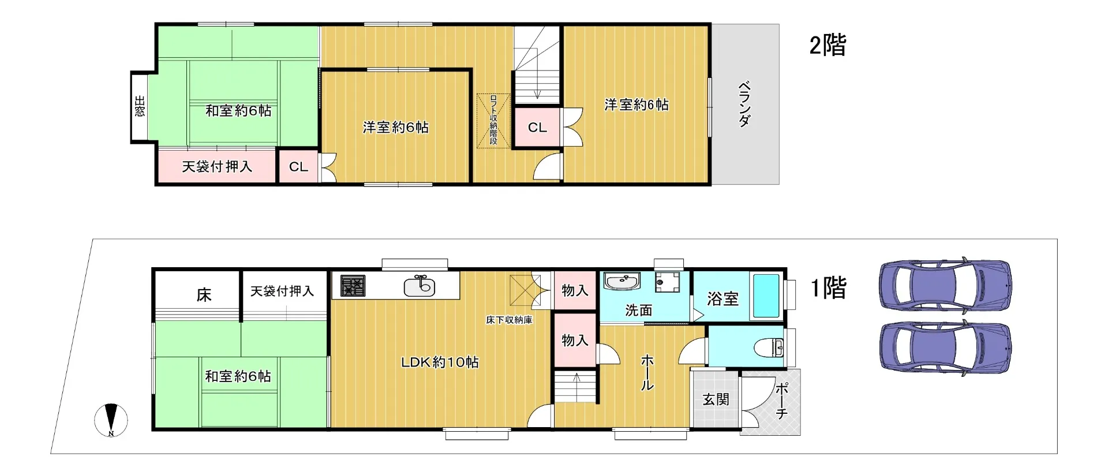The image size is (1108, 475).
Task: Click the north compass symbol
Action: point(111,420)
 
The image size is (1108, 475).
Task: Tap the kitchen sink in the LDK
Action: point(420,286)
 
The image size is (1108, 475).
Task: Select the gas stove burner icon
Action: point(353,286)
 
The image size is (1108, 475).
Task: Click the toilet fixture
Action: point(769,347)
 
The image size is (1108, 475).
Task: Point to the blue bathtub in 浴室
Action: point(766,295)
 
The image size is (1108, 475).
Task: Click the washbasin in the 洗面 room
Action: point(622,282)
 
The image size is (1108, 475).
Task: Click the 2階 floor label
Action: point(828,45)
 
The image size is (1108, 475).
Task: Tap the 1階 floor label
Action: point(829,287)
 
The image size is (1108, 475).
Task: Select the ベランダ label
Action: point(745,104)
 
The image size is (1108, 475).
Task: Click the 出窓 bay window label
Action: point(140,107)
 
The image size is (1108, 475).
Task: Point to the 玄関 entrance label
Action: point(716,399)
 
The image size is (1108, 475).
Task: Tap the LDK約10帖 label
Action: point(440,362)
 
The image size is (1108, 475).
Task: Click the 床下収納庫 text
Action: point(509,320)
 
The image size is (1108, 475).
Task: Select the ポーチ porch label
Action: point(782,401)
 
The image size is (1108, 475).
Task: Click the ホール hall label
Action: point(647,373)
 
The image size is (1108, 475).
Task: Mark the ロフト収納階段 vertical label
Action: point(493,120)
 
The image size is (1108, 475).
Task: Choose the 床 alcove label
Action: point(204,295)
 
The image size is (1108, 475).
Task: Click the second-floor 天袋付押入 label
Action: point(217,167)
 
